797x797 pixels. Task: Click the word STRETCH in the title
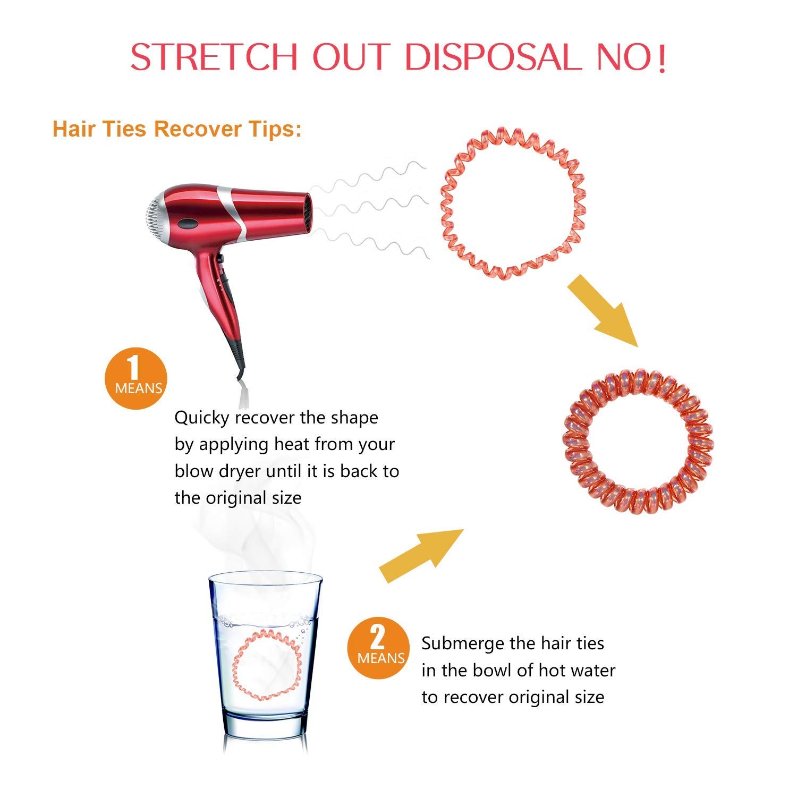[214, 56]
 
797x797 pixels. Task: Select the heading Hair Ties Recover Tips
[177, 129]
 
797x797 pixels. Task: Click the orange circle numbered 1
[136, 378]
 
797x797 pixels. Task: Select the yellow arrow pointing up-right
[422, 555]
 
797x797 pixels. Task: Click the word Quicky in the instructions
[202, 418]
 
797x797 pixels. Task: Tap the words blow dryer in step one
[218, 471]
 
